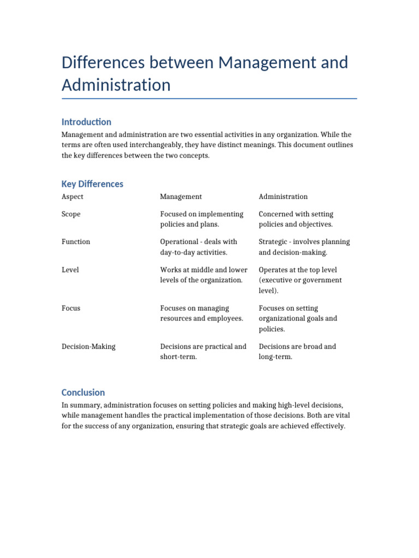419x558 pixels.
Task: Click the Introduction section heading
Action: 86,122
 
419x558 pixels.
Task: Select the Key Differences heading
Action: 92,184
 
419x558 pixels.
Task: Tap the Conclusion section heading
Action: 83,392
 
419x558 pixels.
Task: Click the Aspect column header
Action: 73,197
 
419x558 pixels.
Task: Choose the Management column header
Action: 181,197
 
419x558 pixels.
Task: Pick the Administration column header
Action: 283,197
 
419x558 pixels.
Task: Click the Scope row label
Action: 71,214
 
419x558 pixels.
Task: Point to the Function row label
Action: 76,242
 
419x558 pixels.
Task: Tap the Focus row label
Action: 71,308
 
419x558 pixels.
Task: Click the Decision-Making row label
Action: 88,347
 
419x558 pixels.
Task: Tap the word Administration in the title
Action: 116,85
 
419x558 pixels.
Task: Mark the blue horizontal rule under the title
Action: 209,99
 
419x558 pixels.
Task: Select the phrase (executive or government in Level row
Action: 300,280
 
